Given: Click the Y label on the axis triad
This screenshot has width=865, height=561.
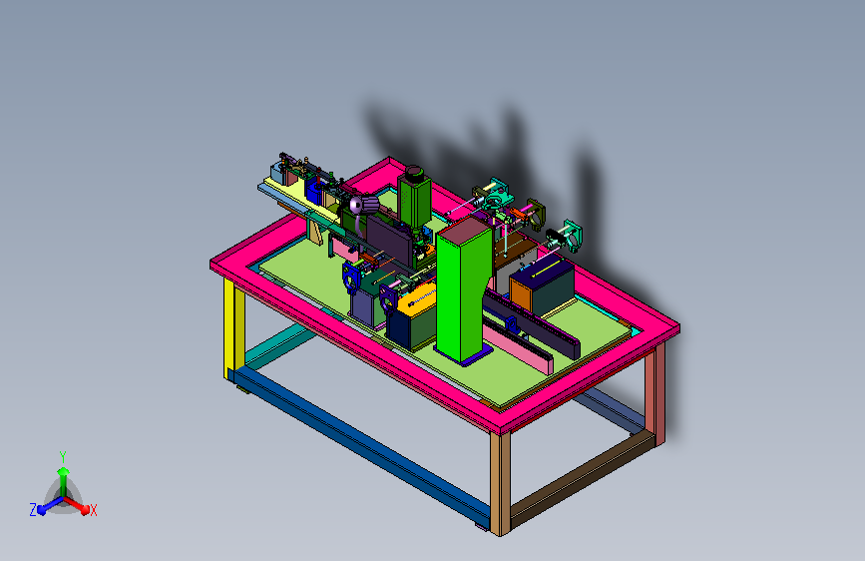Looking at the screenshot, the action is (63, 456).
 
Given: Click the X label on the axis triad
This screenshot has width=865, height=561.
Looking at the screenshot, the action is (93, 510).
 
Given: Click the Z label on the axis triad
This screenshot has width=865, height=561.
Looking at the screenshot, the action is (33, 510).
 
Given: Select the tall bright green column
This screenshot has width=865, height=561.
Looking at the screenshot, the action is (462, 288).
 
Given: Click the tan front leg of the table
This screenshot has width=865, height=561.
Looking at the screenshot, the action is (500, 484).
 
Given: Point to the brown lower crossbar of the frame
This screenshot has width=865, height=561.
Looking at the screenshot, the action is (582, 479).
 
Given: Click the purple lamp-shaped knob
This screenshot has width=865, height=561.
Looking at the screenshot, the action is (364, 205).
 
